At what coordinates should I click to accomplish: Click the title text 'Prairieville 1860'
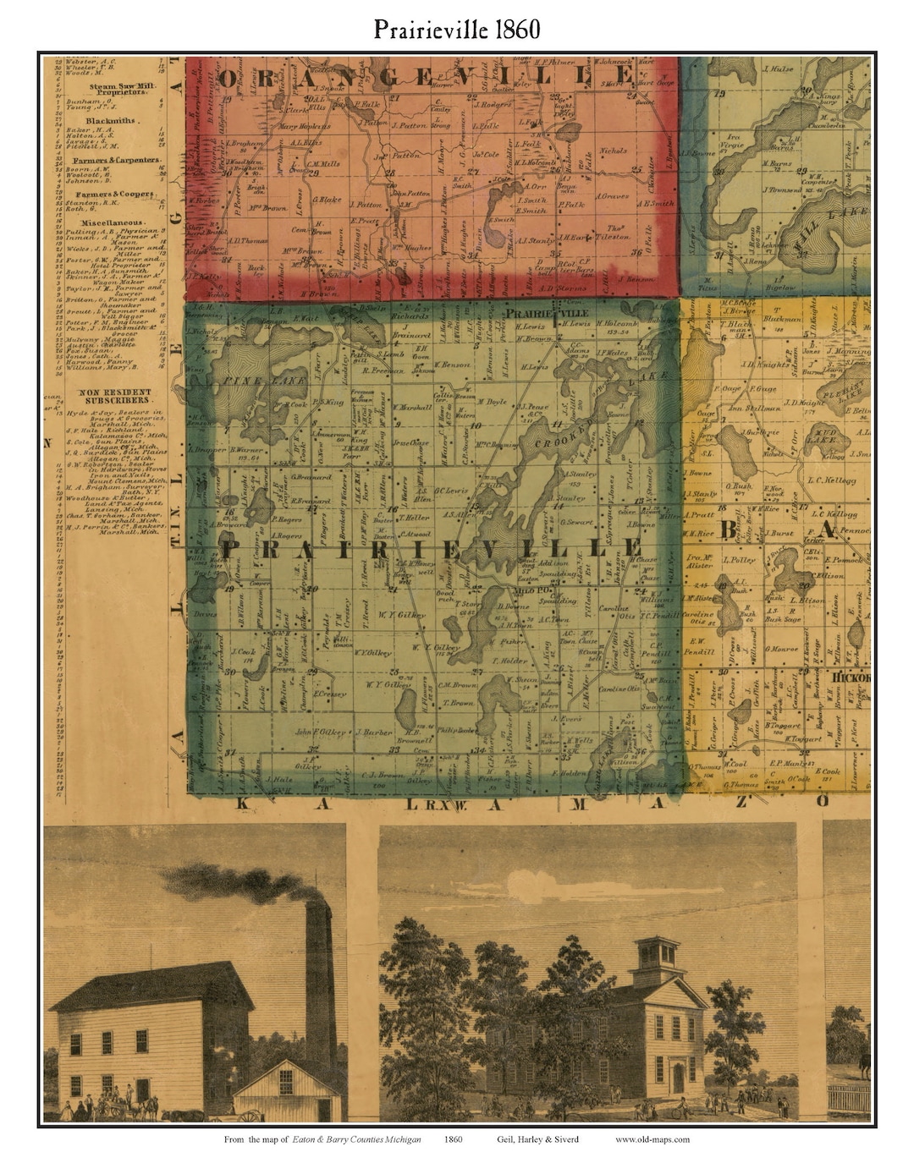(457, 30)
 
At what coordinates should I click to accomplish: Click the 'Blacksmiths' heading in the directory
(115, 121)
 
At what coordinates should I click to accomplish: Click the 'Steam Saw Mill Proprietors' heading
(115, 90)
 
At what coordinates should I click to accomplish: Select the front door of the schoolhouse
(677, 1078)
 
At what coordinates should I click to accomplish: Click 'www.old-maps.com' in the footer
(652, 1138)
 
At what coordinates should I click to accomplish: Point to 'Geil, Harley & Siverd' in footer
(537, 1138)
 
